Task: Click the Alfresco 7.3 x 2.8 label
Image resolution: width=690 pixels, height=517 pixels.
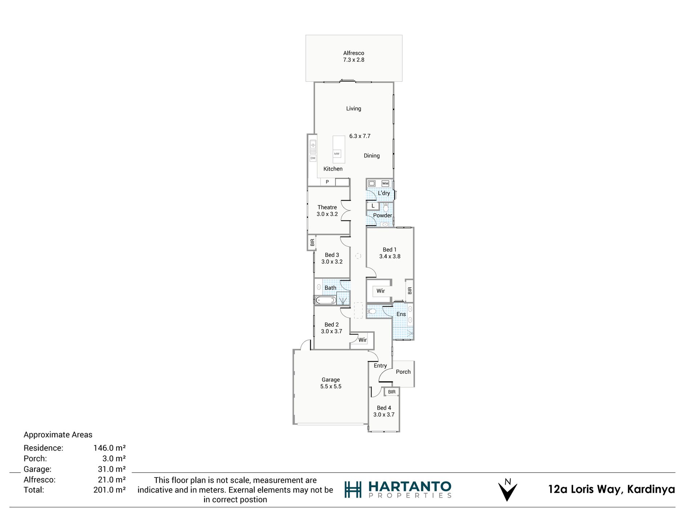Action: [x=353, y=57]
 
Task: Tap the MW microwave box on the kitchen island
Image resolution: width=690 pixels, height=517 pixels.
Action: [x=337, y=154]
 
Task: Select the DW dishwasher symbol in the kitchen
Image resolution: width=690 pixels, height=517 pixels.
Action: [x=313, y=158]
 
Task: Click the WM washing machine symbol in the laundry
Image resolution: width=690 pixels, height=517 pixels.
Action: [x=385, y=184]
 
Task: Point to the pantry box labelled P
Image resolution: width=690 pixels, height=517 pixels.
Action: [x=328, y=182]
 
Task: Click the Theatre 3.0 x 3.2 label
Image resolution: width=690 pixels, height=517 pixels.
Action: [x=327, y=211]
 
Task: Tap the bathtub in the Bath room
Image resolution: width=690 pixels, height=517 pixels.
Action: [x=325, y=300]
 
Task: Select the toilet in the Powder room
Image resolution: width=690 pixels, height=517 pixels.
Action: [x=386, y=208]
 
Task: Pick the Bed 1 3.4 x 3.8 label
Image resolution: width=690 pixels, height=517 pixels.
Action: [x=390, y=253]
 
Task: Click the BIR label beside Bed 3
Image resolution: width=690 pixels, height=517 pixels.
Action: [x=312, y=242]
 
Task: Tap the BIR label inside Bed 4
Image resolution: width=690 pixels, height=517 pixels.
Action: [x=391, y=392]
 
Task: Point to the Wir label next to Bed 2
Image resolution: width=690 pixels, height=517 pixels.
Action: [x=362, y=340]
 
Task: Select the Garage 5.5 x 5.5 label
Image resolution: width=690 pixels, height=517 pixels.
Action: [x=330, y=383]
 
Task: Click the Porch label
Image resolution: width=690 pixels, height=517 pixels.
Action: [x=403, y=372]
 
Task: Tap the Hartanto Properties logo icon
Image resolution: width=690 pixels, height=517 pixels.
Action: [x=353, y=490]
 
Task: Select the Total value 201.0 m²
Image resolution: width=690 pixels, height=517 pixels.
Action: [x=109, y=490]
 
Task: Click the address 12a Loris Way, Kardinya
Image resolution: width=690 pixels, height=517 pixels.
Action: [x=611, y=489]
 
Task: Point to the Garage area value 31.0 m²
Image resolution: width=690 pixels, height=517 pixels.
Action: [x=111, y=469]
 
